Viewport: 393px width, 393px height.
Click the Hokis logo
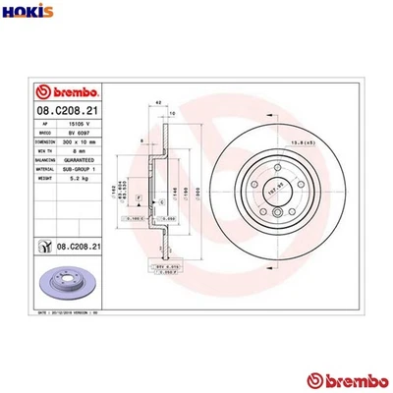(26, 13)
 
